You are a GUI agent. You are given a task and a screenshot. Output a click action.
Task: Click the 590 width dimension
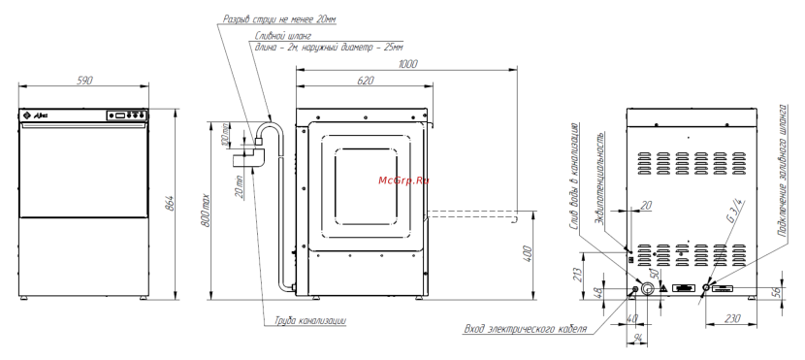(x=84, y=81)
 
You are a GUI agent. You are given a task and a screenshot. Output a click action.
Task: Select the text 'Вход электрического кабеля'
(x=528, y=327)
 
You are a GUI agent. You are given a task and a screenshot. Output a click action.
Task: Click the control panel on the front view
(x=127, y=116)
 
